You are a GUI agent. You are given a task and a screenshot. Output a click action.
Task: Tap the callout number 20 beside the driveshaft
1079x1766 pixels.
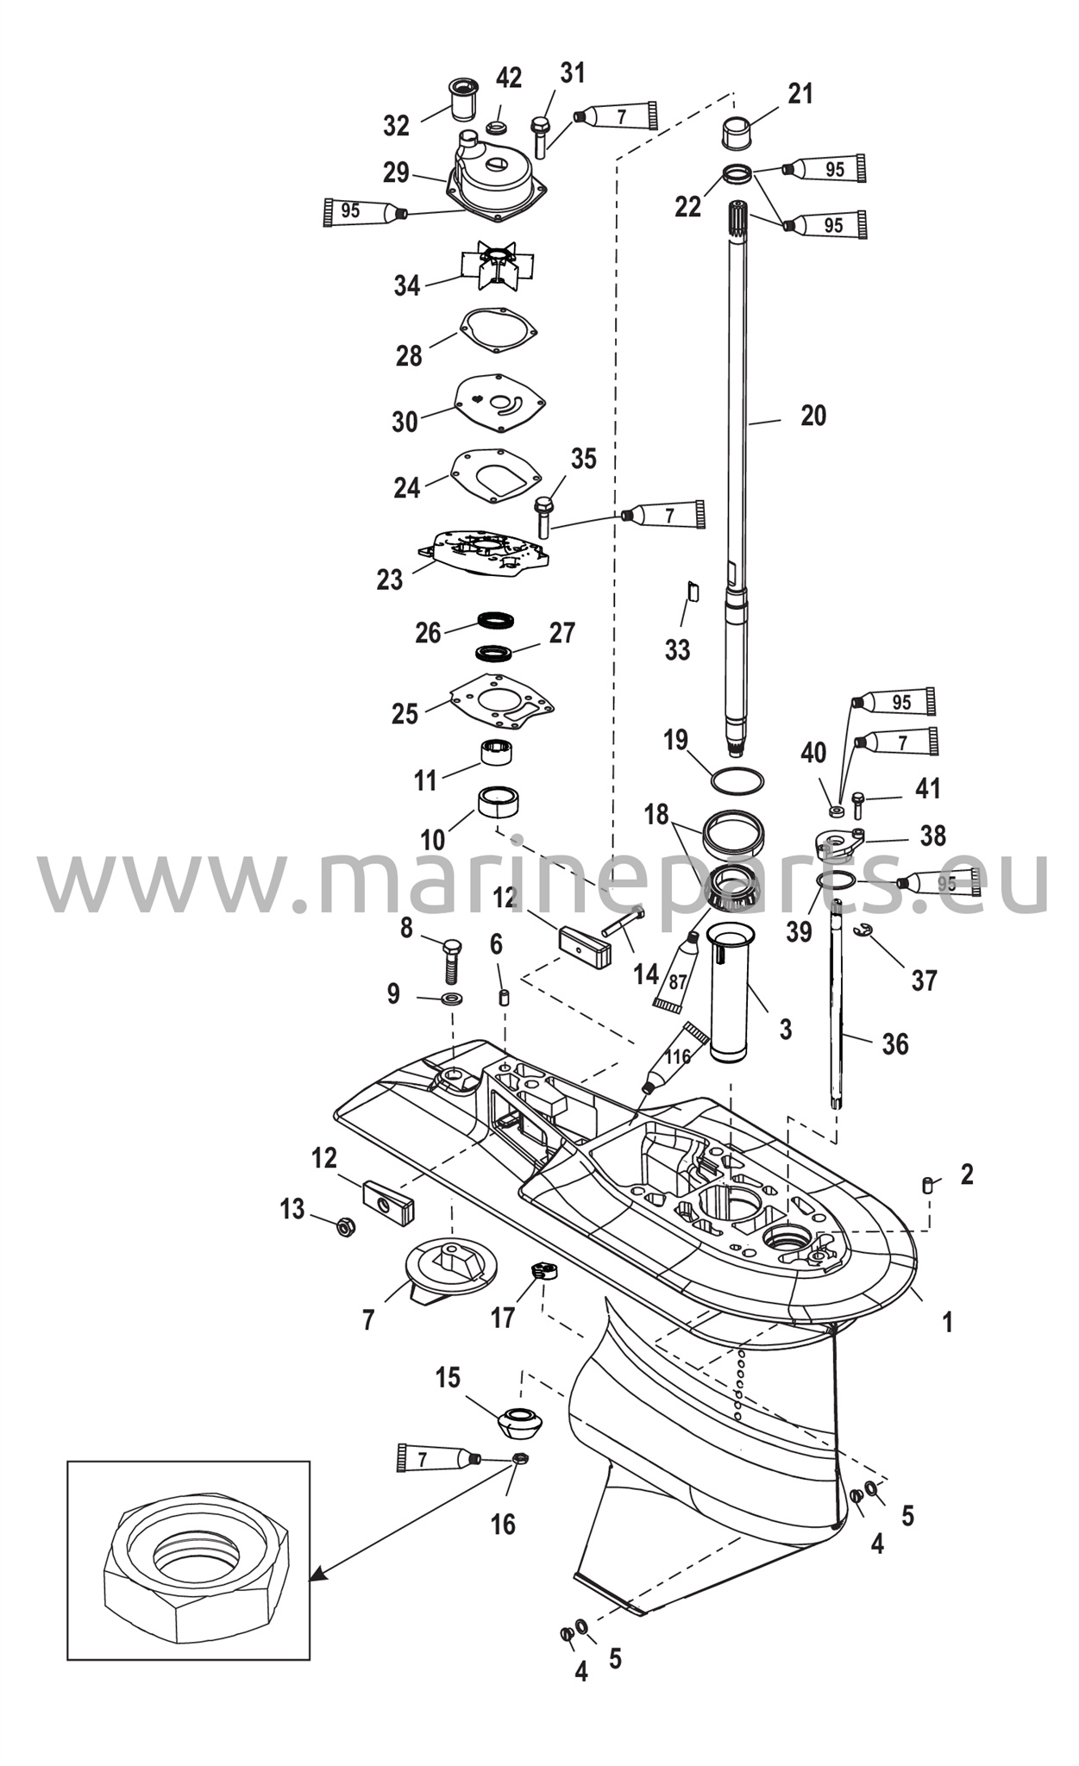[813, 416]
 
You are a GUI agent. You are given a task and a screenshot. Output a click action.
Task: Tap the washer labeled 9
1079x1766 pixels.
[451, 999]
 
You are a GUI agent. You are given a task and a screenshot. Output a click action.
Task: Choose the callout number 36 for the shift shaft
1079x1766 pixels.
[895, 1044]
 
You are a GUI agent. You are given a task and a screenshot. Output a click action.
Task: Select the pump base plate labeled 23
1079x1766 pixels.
[484, 554]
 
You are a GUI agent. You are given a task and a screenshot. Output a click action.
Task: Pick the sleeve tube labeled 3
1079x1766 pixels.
[731, 993]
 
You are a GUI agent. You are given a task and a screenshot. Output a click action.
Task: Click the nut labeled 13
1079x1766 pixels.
[343, 1227]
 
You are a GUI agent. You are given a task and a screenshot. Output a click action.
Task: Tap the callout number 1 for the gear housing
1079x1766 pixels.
[947, 1321]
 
